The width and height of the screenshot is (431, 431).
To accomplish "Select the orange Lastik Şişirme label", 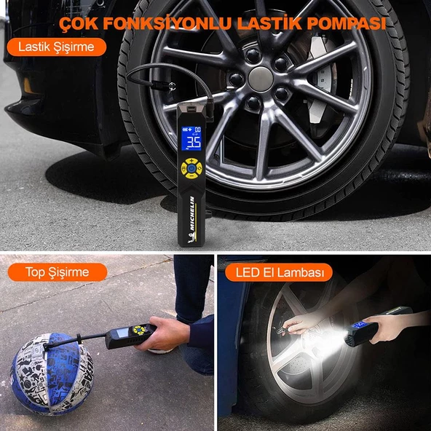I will [55, 48].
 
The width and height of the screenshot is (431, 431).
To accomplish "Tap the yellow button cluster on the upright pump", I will [191, 165].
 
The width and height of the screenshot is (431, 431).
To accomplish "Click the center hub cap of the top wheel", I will [261, 78].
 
